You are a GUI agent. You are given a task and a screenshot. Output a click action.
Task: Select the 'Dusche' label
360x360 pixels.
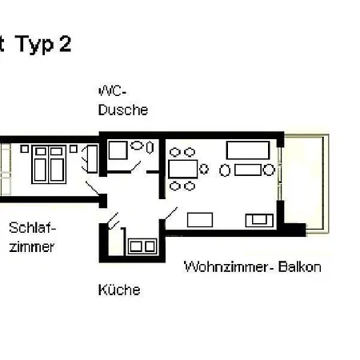pos(122,110)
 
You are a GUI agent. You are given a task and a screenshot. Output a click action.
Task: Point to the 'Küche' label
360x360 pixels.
pos(118,290)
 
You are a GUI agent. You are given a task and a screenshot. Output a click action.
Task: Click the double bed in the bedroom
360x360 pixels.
pos(49,165)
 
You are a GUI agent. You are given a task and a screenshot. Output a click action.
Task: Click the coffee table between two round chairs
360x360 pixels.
pos(248,170)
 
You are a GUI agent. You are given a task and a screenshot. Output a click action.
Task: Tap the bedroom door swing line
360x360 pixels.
pos(94,190)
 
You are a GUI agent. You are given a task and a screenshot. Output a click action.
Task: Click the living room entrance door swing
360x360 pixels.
pos(170,214)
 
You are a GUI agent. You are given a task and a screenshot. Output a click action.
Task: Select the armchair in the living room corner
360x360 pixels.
pos(258,219)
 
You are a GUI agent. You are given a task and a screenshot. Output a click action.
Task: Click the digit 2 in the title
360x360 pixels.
pos(63,46)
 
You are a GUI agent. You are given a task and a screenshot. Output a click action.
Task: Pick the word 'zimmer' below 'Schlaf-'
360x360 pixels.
pos(32,246)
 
